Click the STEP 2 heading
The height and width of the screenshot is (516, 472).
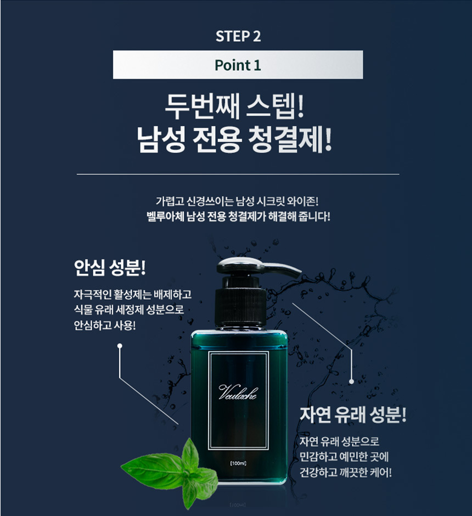[x=238, y=36]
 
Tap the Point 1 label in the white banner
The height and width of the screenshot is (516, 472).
[x=238, y=65]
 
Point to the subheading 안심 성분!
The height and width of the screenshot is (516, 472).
[x=110, y=267]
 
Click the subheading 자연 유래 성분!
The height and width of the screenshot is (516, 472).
[x=353, y=414]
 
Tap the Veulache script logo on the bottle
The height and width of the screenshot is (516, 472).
[x=238, y=392]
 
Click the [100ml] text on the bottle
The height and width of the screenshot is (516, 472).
[x=238, y=463]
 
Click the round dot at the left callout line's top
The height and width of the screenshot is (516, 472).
[x=120, y=345]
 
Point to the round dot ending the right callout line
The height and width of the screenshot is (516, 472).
[x=351, y=382]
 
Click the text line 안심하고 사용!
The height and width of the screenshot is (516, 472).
[x=105, y=326]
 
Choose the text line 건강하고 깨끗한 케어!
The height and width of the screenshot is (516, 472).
[x=345, y=473]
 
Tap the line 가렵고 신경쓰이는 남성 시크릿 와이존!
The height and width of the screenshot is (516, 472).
[x=237, y=200]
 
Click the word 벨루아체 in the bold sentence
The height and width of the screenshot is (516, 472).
[x=165, y=216]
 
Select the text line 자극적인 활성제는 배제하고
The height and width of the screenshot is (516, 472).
[x=133, y=294]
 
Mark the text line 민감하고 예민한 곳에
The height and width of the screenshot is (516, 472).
[x=344, y=457]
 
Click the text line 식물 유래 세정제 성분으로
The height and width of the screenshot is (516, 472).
[x=128, y=310]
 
